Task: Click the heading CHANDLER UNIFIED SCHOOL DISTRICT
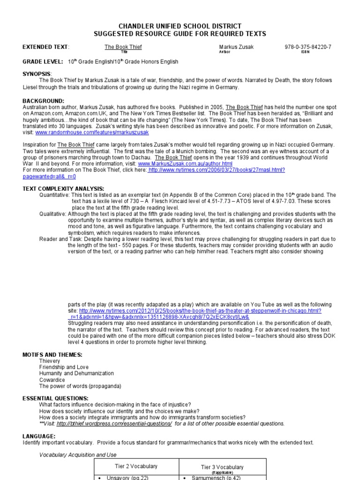(x=180, y=26)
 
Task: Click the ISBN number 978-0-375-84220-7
(x=307, y=47)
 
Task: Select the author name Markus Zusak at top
(x=235, y=47)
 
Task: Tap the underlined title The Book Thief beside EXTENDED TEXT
(x=123, y=47)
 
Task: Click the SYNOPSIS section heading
(x=37, y=74)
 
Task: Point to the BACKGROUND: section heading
(x=43, y=101)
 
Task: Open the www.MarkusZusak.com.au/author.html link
(x=185, y=164)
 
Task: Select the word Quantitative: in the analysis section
(x=54, y=195)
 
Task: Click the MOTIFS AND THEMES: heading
(x=52, y=355)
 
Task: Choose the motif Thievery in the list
(x=50, y=361)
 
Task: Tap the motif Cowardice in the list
(x=52, y=380)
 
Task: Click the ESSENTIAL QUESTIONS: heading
(x=55, y=398)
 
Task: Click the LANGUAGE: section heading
(x=39, y=436)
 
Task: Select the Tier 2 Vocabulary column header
(x=136, y=466)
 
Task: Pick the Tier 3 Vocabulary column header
(x=222, y=467)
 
